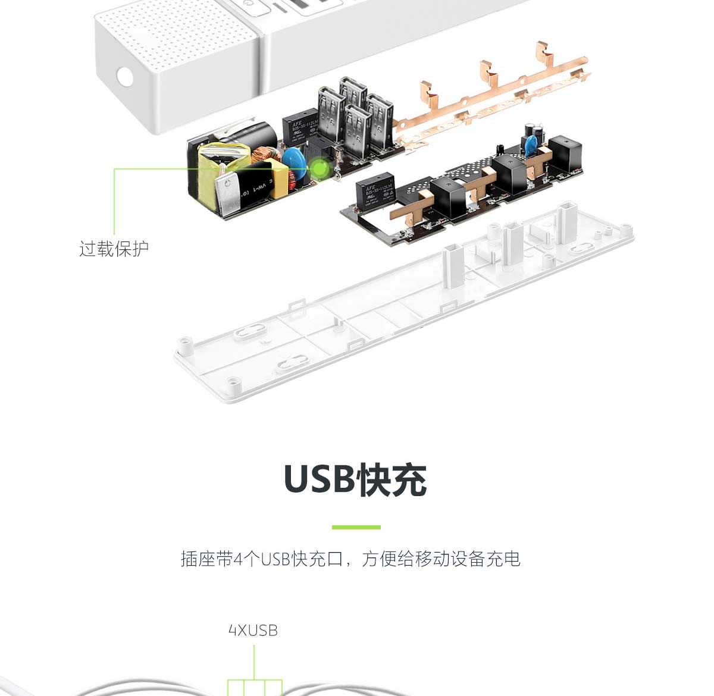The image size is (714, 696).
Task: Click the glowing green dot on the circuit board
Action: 320,168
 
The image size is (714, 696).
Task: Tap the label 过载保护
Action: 114,249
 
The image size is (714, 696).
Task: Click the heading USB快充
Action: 355,479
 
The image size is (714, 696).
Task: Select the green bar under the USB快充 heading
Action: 356,527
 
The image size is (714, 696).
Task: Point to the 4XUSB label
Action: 253,631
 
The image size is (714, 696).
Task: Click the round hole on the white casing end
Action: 125,76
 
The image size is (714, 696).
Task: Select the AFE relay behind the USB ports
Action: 300,126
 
